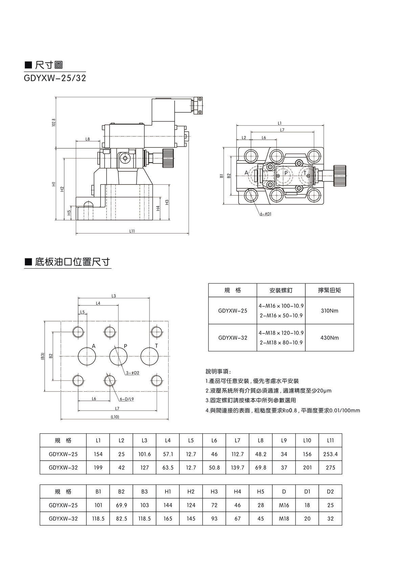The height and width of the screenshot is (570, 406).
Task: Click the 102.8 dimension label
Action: point(53,123)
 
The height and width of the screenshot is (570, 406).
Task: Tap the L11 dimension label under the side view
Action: point(132,231)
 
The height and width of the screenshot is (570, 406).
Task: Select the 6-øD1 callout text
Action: point(266,214)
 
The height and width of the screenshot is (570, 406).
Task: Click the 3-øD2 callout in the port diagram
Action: point(133,373)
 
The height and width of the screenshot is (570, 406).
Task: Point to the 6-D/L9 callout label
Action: point(127,399)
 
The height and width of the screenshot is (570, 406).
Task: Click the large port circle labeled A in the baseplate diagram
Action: point(87,356)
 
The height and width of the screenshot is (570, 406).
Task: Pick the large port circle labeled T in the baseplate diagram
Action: point(150,356)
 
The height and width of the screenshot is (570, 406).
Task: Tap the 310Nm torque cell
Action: point(329,311)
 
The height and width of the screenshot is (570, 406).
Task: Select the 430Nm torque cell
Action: point(329,338)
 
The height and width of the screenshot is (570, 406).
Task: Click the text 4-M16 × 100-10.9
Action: point(281,306)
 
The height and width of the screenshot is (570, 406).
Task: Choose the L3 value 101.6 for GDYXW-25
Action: point(144,454)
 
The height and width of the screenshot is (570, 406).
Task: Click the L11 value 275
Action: point(330,468)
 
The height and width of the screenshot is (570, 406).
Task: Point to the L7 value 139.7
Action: point(238,468)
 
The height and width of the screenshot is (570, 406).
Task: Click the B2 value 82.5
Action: point(121,519)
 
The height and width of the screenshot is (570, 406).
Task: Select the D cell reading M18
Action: point(284,519)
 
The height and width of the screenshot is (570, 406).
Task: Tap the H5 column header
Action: point(261,491)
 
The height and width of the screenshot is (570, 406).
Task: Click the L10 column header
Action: point(307,440)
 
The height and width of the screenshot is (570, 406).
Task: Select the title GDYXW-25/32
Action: point(55,79)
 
